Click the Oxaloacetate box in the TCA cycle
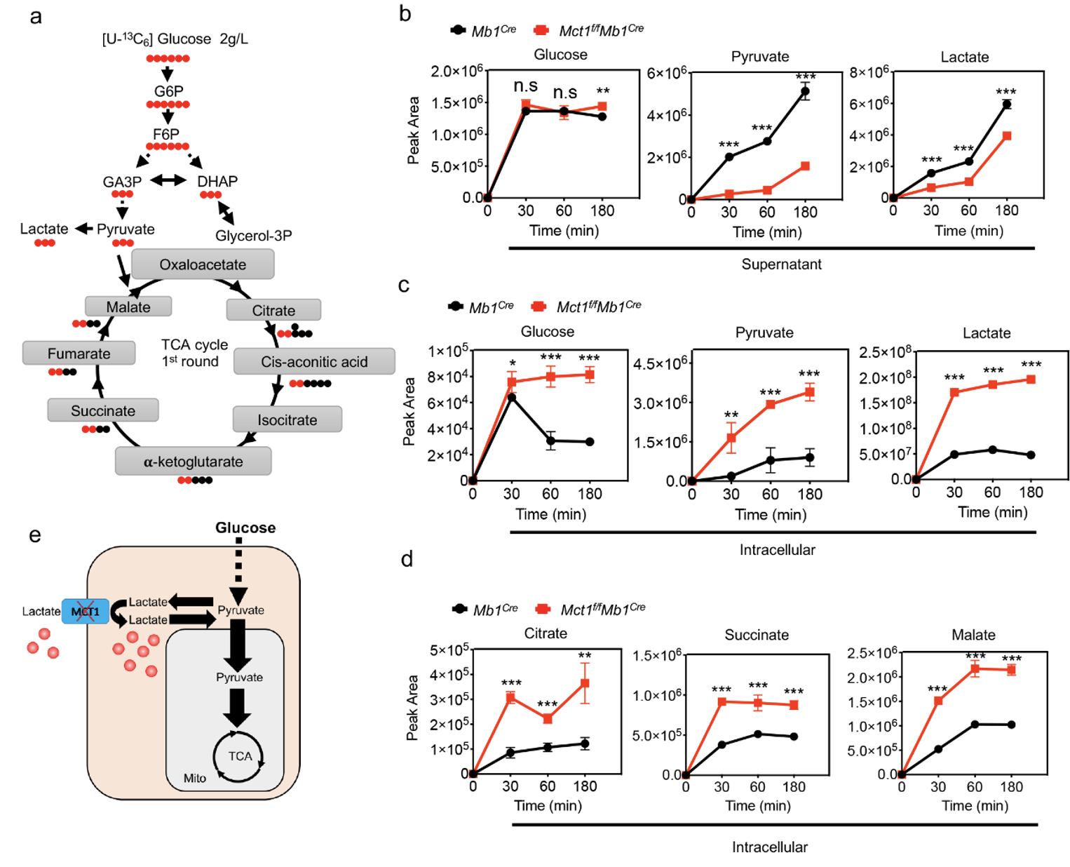[203, 264]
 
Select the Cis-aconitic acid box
[314, 361]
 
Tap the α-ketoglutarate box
[193, 462]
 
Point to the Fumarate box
[79, 354]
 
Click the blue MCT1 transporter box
[85, 612]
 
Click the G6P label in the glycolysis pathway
[168, 91]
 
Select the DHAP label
[217, 182]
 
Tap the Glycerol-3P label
[253, 236]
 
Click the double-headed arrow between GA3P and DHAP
[168, 181]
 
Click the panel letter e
[35, 535]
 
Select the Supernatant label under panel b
[781, 264]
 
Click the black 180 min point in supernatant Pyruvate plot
[805, 91]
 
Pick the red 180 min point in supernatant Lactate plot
[1007, 136]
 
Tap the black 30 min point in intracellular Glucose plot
[512, 398]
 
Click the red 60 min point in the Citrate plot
[548, 719]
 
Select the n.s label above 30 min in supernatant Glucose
[525, 86]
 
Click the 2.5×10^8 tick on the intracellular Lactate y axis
[885, 351]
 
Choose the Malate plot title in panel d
[973, 635]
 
